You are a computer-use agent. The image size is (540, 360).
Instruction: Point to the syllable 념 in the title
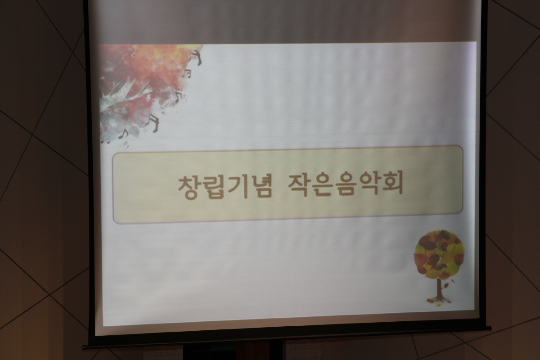[x=261, y=187]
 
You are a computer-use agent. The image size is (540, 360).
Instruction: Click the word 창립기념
[x=225, y=187]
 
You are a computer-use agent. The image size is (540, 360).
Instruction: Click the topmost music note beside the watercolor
[x=198, y=58]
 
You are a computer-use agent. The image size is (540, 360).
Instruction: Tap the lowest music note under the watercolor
[x=123, y=134]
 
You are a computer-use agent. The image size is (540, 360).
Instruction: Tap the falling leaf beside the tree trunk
[x=446, y=285]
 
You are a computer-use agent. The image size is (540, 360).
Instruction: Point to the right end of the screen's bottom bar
[x=490, y=328]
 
